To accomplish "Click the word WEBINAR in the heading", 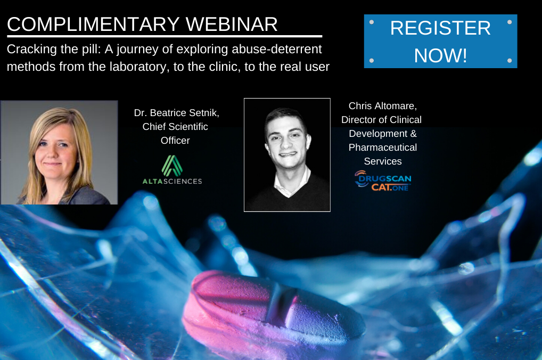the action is pyautogui.click(x=232, y=24).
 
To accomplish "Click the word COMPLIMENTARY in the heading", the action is pyautogui.click(x=93, y=24).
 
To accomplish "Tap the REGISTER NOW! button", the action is pyautogui.click(x=440, y=41).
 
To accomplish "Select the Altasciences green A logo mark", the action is pyautogui.click(x=172, y=166).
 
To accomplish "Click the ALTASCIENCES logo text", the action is pyautogui.click(x=172, y=181).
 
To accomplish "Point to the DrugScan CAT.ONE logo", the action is pyautogui.click(x=383, y=181).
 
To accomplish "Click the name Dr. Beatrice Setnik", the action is pyautogui.click(x=176, y=113).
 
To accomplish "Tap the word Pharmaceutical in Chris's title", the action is pyautogui.click(x=383, y=148).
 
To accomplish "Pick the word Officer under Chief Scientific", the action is pyautogui.click(x=175, y=141).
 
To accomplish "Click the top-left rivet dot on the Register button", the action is pyautogui.click(x=372, y=22).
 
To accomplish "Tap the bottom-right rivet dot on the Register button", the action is pyautogui.click(x=510, y=61).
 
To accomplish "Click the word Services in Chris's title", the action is pyautogui.click(x=383, y=161).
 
